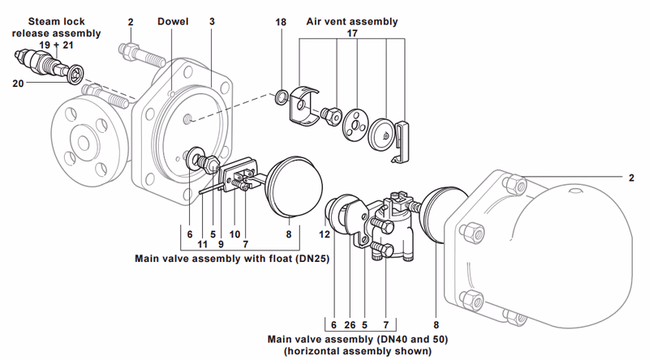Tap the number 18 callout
click(x=281, y=22)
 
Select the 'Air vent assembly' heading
click(x=352, y=22)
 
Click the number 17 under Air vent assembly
click(x=352, y=34)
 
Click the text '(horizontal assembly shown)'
click(x=357, y=351)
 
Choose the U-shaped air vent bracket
click(x=303, y=106)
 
